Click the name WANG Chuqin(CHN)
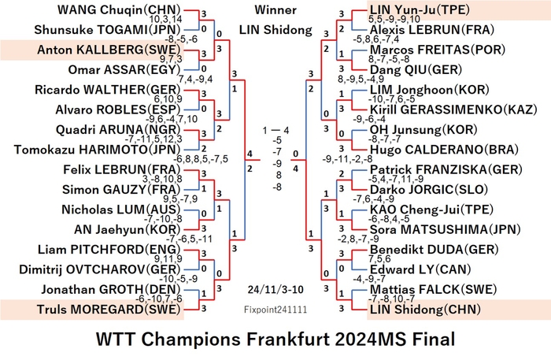click(x=119, y=9)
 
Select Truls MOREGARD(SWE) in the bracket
click(x=109, y=310)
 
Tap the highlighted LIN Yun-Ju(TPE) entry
click(x=420, y=9)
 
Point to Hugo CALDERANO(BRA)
click(x=444, y=150)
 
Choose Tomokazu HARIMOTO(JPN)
click(x=97, y=150)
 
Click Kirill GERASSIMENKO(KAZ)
click(x=453, y=109)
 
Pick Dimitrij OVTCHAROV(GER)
click(x=99, y=269)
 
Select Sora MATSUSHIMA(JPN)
click(x=445, y=229)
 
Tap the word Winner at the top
click(x=275, y=9)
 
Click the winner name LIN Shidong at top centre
click(x=275, y=30)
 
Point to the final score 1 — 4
click(x=275, y=131)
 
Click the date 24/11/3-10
click(x=275, y=290)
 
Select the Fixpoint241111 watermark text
click(x=275, y=310)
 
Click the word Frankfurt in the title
click(x=275, y=340)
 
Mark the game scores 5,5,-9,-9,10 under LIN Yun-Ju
click(x=394, y=19)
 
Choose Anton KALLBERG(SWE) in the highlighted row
click(x=109, y=50)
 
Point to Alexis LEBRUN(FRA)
click(x=432, y=30)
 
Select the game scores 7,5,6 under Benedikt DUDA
click(x=379, y=259)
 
